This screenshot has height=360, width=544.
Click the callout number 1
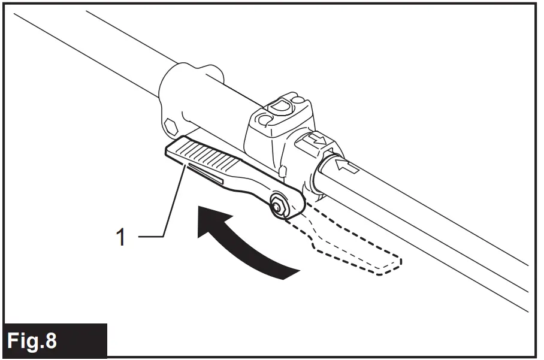(x=121, y=238)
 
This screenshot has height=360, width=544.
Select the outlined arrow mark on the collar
(x=315, y=141)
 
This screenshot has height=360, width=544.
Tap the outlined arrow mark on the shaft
(x=349, y=165)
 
